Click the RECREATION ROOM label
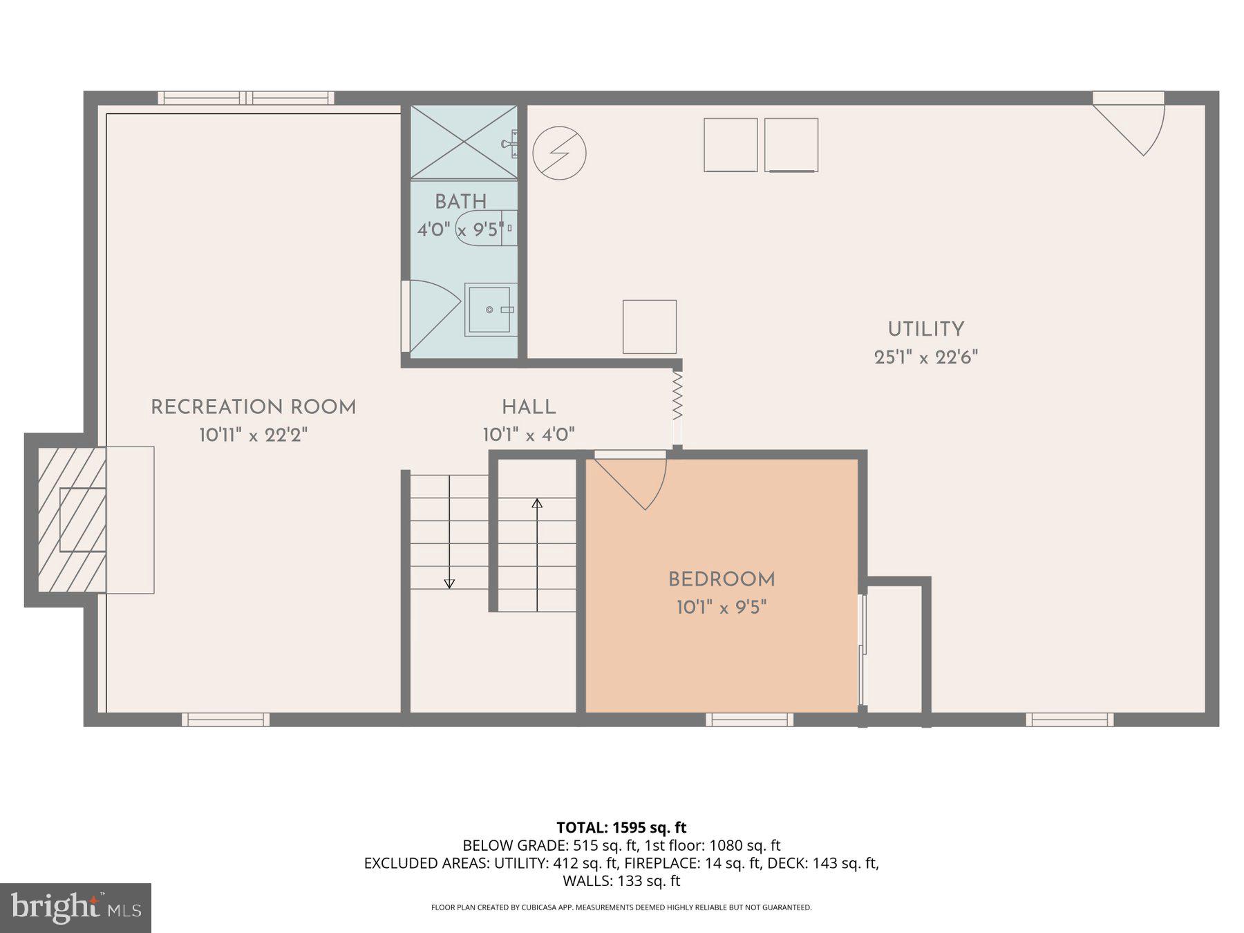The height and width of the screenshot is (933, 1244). click(x=254, y=407)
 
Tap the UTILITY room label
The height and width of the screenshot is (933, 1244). click(x=925, y=329)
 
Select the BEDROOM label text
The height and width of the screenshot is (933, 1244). click(x=722, y=579)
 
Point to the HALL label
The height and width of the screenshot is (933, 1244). click(x=529, y=407)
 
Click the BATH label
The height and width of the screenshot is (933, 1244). click(x=461, y=201)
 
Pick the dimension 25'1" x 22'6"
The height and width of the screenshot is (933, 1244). click(x=925, y=357)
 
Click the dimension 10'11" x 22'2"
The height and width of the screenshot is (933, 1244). click(x=254, y=435)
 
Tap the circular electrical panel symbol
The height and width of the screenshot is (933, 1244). click(x=559, y=153)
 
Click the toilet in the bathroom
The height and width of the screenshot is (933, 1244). click(x=484, y=228)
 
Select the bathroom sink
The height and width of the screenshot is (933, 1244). click(x=491, y=310)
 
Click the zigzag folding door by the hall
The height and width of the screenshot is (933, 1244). click(x=677, y=395)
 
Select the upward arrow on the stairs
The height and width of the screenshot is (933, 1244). click(x=537, y=502)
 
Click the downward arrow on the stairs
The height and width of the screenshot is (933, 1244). click(x=449, y=583)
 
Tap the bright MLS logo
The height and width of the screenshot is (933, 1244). click(x=75, y=907)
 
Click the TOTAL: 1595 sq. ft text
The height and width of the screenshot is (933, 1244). click(x=621, y=827)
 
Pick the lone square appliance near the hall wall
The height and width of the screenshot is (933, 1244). click(x=649, y=326)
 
